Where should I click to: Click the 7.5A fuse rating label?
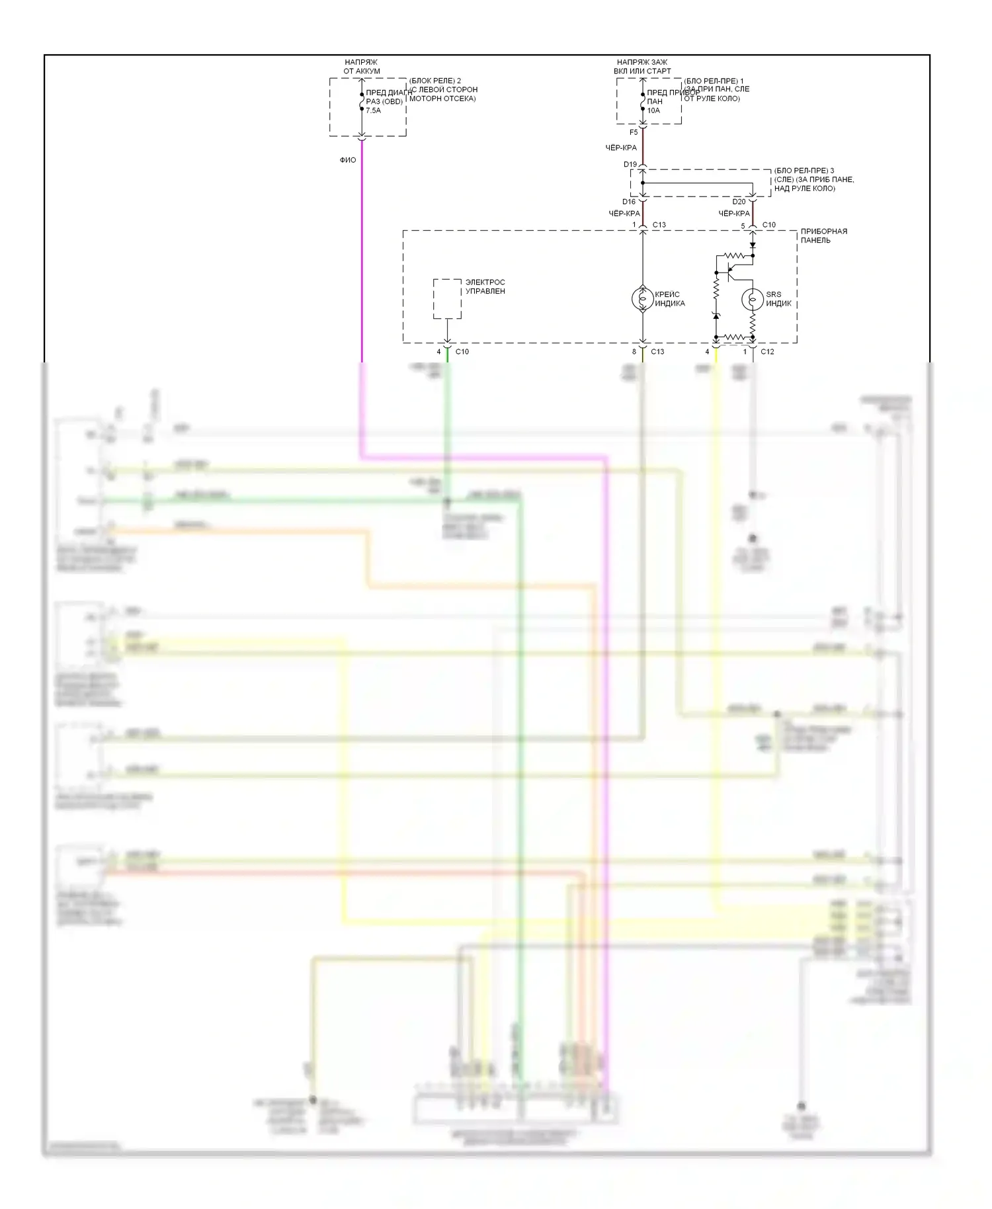point(373,110)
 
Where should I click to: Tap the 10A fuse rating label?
point(653,110)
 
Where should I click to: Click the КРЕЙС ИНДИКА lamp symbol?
point(643,299)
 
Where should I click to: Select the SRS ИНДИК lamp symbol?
point(752,299)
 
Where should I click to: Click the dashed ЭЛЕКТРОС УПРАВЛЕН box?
point(447,298)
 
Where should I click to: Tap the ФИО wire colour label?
point(348,160)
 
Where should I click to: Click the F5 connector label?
point(634,132)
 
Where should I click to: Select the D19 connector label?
point(630,165)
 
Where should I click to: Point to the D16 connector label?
point(628,202)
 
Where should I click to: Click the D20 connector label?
point(739,202)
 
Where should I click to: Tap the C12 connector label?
point(767,351)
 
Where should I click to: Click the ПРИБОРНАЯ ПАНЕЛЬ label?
point(823,235)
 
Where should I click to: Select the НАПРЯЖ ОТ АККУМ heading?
point(361,67)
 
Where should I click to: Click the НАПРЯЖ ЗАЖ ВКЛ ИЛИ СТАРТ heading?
point(642,67)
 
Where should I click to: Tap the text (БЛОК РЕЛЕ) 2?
point(435,81)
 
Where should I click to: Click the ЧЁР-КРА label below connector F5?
point(621,148)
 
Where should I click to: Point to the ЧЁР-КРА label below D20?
point(734,214)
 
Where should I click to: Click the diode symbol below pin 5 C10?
point(753,245)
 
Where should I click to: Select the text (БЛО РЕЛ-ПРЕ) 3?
point(804,171)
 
